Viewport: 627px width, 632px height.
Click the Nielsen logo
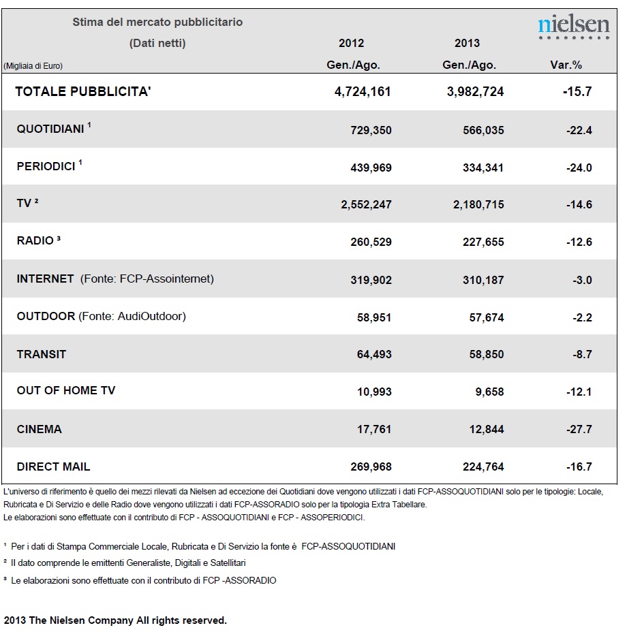click(x=574, y=27)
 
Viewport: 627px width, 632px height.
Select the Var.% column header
click(x=566, y=65)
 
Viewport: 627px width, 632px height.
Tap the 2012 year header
click(x=351, y=43)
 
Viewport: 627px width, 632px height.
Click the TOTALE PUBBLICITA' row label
click(x=83, y=91)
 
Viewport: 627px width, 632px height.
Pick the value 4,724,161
click(x=363, y=92)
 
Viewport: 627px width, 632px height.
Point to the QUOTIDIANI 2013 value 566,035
click(x=483, y=130)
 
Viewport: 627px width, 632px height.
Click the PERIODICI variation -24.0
click(x=579, y=168)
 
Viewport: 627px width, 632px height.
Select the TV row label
click(x=27, y=203)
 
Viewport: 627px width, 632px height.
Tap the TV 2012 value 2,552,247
click(x=366, y=205)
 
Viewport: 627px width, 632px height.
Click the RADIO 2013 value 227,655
click(x=483, y=242)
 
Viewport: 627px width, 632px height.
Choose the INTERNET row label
click(x=45, y=279)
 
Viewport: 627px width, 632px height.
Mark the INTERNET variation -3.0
click(x=582, y=280)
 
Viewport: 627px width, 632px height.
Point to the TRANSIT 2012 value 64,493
click(x=374, y=354)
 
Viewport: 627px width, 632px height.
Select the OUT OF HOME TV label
click(x=65, y=390)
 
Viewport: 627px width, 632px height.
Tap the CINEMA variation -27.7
click(x=579, y=429)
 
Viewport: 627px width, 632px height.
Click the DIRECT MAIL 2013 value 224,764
click(x=483, y=467)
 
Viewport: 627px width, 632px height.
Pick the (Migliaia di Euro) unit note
click(x=33, y=65)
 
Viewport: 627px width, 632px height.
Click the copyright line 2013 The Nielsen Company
click(x=115, y=620)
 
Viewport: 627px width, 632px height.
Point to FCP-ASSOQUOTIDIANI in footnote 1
click(x=348, y=547)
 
